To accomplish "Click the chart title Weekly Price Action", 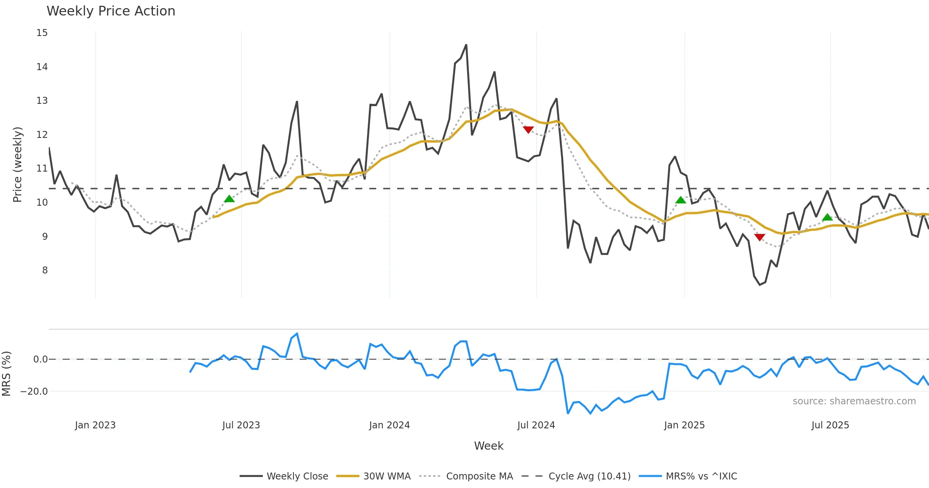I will tap(111, 11).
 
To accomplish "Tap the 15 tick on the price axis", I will tap(42, 33).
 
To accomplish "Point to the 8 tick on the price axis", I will tap(45, 270).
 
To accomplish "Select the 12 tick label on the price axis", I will tap(42, 135).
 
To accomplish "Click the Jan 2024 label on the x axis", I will tap(389, 425).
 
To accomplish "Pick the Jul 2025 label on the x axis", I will tap(830, 425).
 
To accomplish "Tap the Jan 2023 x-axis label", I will tap(95, 425).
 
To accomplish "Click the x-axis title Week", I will tap(488, 446).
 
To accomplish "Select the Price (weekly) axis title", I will tap(18, 165).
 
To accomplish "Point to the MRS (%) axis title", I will tap(7, 374).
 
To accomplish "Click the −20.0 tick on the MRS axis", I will tap(34, 392).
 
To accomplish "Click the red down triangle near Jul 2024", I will tap(528, 130).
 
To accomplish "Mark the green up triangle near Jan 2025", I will tap(680, 200).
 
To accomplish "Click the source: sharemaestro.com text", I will tap(854, 401).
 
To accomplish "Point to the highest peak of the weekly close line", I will tap(466, 45).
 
